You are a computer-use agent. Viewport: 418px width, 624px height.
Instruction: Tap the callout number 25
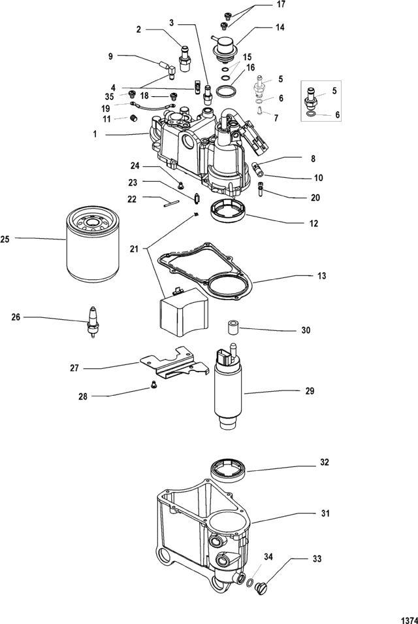point(5,239)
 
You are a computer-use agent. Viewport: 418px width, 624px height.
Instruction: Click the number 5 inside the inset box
point(334,91)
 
